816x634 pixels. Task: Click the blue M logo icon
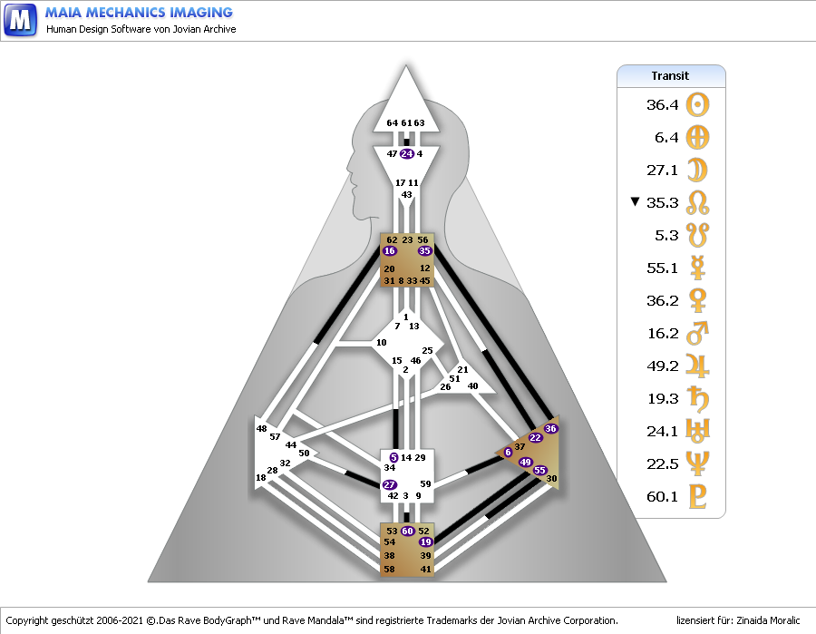(x=20, y=19)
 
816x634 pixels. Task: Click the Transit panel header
(x=671, y=76)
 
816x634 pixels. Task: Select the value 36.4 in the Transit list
(x=663, y=105)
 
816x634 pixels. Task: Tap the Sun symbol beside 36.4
(x=698, y=105)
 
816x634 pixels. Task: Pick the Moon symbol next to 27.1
(x=698, y=171)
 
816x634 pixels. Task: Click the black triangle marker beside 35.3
(x=635, y=202)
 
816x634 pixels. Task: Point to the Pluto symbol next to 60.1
(x=698, y=496)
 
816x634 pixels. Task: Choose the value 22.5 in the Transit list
(x=663, y=463)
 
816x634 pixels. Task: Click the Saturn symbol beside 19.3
(x=698, y=398)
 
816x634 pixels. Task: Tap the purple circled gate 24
(x=406, y=154)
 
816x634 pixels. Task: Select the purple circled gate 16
(x=390, y=251)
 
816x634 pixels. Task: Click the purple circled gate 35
(x=425, y=251)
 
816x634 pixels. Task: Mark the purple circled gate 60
(x=408, y=531)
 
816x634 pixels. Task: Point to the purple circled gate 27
(x=390, y=485)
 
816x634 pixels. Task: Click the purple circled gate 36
(x=550, y=428)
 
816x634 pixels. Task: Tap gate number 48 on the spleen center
(x=262, y=428)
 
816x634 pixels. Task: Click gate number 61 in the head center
(x=406, y=123)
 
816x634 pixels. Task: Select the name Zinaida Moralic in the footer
(x=770, y=621)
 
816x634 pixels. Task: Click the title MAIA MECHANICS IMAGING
(x=139, y=13)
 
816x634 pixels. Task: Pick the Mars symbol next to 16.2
(x=698, y=333)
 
